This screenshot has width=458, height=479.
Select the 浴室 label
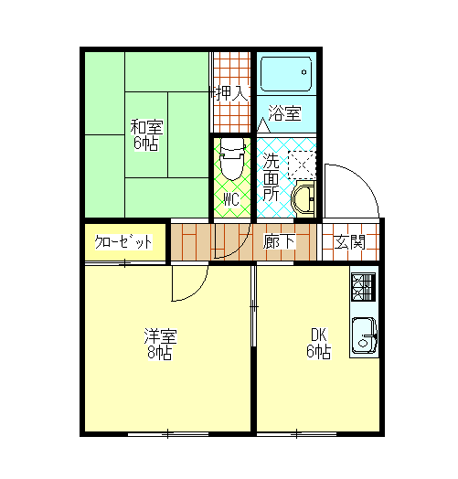[284, 114]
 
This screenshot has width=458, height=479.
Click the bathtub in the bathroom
[286, 72]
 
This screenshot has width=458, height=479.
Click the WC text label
[231, 198]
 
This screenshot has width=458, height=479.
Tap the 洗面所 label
[272, 176]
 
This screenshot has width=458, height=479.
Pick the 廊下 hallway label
[278, 242]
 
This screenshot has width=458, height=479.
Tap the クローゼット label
[123, 243]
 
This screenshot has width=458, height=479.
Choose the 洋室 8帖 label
[159, 343]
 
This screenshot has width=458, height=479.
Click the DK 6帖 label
[317, 343]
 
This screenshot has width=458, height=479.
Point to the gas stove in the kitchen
[363, 286]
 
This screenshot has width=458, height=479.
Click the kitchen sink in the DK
[365, 335]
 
